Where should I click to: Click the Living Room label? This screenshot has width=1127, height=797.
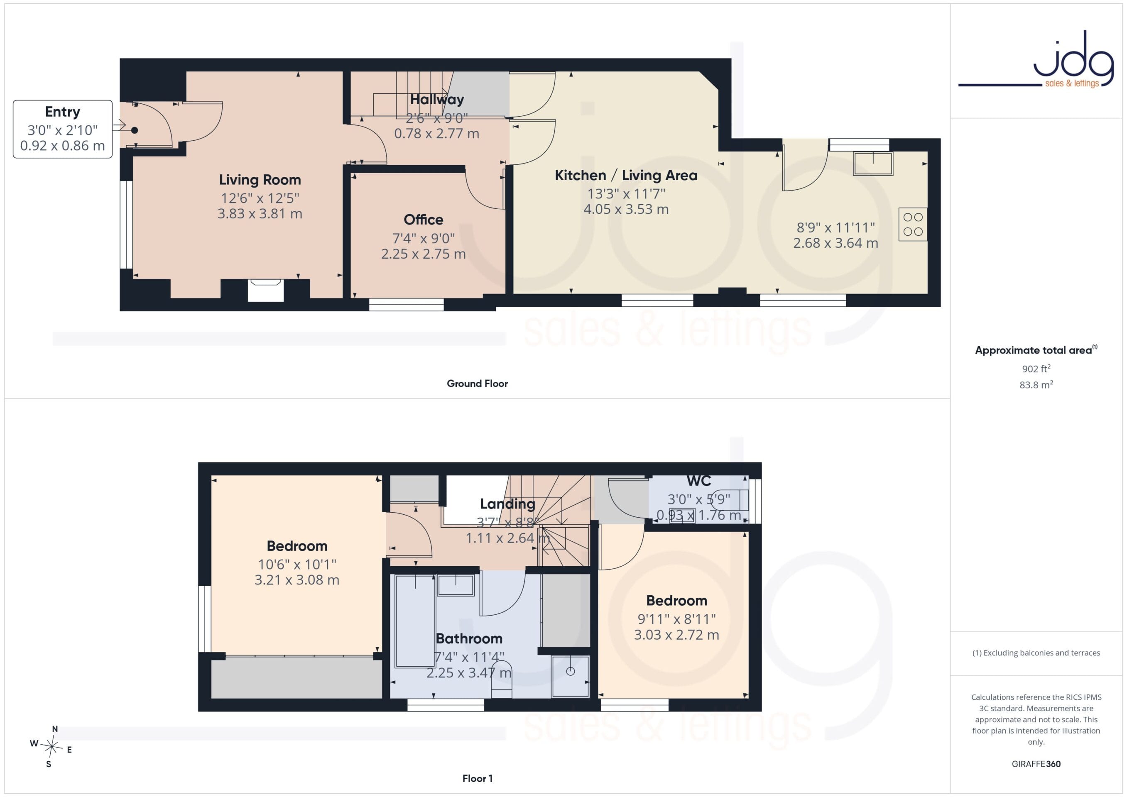coord(260,180)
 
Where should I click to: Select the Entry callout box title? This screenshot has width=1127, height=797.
coord(62,112)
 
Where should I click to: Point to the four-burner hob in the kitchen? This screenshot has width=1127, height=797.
coord(912,224)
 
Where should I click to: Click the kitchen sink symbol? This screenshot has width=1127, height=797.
coord(873,164)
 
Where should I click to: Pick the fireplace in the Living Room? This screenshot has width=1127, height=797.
coord(265,290)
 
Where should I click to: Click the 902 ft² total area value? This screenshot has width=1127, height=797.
coord(1036,369)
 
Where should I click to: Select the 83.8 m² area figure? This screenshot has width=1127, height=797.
coord(1036,385)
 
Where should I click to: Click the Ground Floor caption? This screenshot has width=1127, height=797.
coord(477,384)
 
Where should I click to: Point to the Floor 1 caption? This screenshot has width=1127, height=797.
coord(477,778)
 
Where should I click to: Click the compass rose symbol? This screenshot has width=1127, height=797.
coord(51,747)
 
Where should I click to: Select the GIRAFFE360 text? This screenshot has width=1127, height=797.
coord(1036,764)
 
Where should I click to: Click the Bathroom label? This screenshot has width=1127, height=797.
coord(469,638)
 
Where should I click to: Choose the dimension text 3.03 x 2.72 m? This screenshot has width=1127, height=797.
coord(676,635)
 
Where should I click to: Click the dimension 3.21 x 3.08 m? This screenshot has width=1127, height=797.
coord(296,579)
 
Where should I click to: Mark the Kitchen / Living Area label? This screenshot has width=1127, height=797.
coord(626,175)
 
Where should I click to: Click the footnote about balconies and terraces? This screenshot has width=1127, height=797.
coord(1036,653)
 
